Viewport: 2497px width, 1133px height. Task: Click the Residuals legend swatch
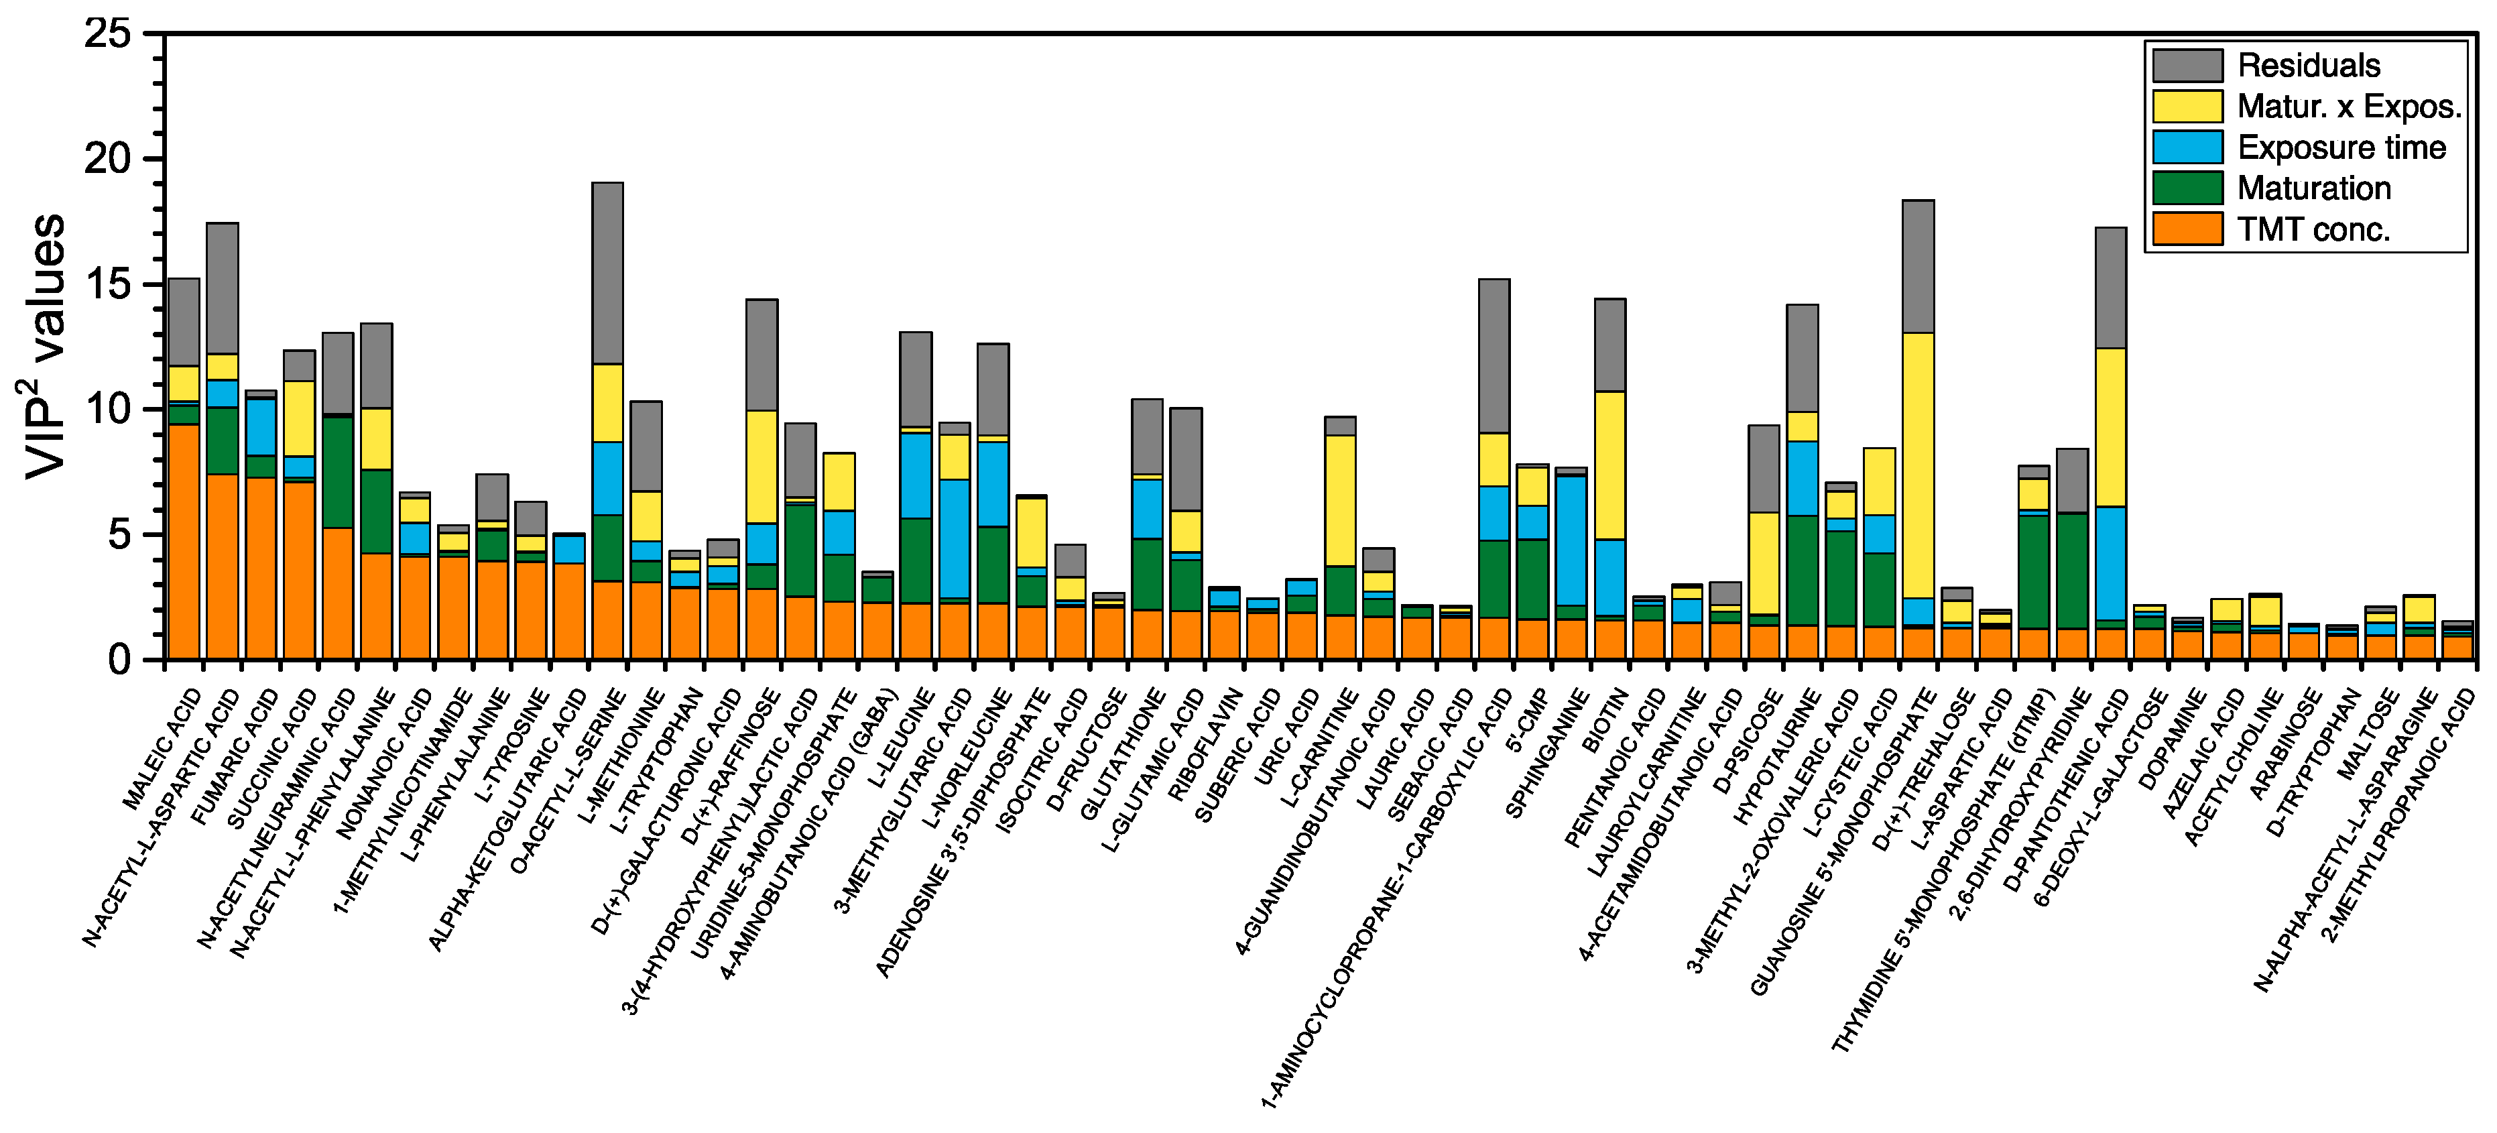(2187, 65)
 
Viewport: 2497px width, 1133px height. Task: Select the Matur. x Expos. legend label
(2349, 107)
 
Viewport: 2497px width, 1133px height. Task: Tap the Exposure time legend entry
(2341, 147)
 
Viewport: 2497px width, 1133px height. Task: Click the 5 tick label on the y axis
(118, 534)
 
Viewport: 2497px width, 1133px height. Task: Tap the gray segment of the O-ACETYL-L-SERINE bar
(608, 274)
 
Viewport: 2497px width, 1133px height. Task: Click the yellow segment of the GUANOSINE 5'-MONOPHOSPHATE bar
(1919, 465)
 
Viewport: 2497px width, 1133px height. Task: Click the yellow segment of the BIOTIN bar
(1610, 465)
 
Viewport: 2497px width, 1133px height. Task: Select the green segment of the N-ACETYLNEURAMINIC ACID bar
(339, 472)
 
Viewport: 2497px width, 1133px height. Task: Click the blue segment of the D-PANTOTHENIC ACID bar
(2111, 562)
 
